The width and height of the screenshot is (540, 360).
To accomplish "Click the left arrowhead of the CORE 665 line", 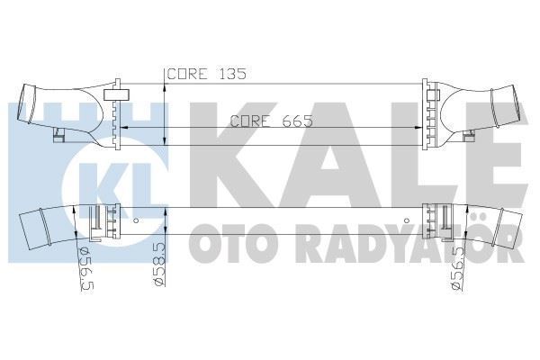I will coord(123,129).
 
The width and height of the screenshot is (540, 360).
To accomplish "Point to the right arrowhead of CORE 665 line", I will coord(418,129).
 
